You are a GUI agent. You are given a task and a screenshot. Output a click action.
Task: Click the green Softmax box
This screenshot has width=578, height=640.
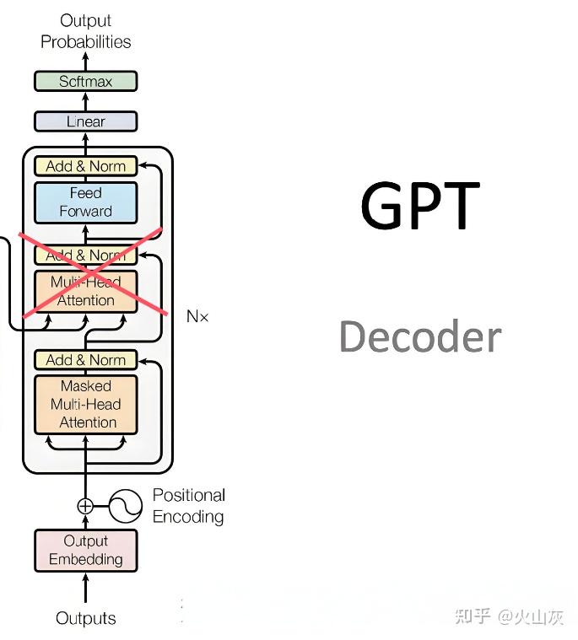click(x=85, y=82)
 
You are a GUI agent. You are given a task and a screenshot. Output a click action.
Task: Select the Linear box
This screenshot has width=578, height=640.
click(x=85, y=121)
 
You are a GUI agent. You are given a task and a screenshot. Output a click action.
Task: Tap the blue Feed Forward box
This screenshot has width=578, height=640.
click(x=85, y=202)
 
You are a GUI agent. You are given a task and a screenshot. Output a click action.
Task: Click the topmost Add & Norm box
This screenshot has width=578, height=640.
click(x=85, y=166)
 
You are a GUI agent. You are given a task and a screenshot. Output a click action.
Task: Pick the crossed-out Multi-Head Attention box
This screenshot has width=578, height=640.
click(x=85, y=291)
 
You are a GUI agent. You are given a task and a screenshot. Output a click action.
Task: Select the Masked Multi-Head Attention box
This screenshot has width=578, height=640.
click(x=85, y=404)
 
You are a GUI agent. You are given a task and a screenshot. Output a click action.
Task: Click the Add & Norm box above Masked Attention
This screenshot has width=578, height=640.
click(x=85, y=360)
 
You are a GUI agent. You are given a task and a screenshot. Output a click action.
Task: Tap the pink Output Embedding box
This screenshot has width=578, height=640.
click(x=85, y=550)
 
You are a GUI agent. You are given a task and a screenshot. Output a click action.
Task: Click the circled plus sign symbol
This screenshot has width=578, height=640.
click(x=85, y=506)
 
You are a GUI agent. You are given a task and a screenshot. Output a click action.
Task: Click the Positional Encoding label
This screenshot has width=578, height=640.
click(x=188, y=506)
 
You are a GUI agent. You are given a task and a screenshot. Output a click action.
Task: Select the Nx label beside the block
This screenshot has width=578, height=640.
click(x=197, y=317)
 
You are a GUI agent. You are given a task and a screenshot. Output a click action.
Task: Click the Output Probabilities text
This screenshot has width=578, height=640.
click(x=85, y=31)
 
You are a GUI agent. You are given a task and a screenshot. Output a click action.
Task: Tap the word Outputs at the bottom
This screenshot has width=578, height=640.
click(x=85, y=618)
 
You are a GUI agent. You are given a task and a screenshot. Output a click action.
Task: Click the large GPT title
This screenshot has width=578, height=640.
click(x=419, y=206)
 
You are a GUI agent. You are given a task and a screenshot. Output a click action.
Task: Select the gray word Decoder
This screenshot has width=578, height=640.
click(x=419, y=336)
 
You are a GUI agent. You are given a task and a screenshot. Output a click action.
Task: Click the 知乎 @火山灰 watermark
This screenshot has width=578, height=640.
click(x=508, y=617)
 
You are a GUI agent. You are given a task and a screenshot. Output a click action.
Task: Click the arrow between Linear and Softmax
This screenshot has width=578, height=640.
click(x=85, y=101)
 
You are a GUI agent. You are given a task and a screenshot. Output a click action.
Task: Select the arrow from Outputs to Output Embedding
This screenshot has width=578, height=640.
click(x=85, y=589)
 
